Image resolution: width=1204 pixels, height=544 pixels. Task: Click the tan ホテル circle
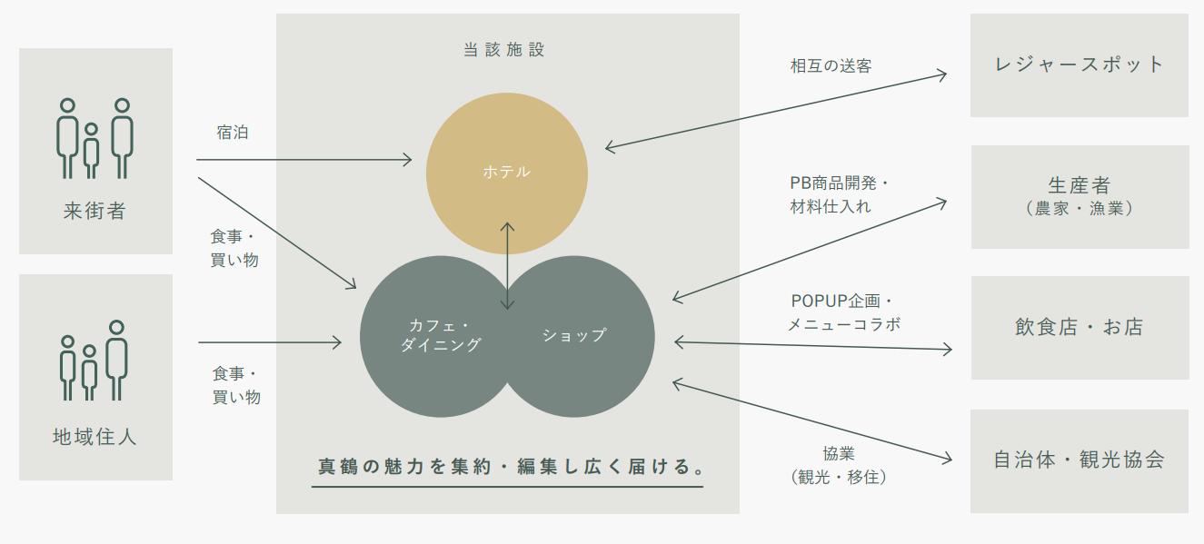click(x=506, y=172)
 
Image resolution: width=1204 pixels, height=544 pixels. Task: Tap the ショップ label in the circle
click(x=573, y=335)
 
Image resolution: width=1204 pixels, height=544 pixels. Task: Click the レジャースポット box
click(x=1079, y=64)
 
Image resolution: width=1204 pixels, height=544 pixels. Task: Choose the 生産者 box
click(x=1080, y=196)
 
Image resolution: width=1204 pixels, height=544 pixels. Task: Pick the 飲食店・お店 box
click(x=1080, y=327)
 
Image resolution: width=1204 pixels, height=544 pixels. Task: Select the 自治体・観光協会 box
click(x=1079, y=460)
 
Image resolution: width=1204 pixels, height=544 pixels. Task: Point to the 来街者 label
click(x=95, y=212)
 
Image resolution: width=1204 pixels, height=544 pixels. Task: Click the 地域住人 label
click(x=95, y=437)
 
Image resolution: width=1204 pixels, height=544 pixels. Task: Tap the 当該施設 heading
click(x=504, y=50)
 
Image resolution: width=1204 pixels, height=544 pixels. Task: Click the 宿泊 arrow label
click(x=233, y=133)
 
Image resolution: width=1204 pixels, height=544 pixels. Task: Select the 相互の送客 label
click(x=831, y=65)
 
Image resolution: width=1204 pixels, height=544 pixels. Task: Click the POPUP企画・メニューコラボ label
click(x=842, y=312)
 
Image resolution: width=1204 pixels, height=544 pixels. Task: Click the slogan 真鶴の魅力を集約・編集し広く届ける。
click(x=507, y=468)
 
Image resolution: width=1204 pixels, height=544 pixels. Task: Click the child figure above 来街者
click(x=91, y=151)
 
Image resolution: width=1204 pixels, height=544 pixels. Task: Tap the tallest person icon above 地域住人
click(x=115, y=360)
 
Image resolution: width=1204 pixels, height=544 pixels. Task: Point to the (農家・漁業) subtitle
click(x=1079, y=209)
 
